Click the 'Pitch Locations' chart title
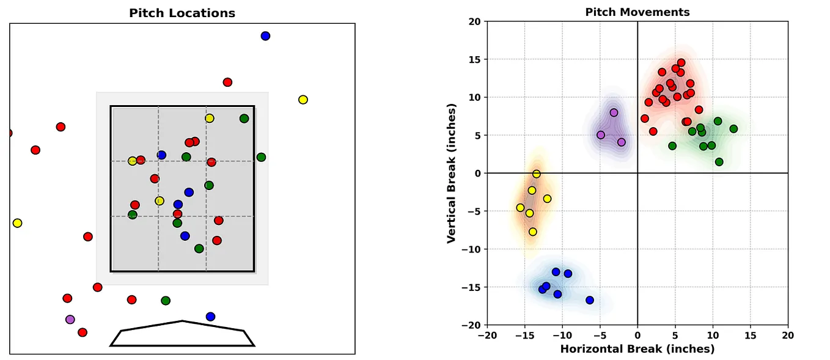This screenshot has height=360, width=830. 182,13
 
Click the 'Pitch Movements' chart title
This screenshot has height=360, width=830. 637,12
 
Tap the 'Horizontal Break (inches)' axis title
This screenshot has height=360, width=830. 637,349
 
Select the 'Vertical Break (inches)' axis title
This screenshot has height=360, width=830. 452,174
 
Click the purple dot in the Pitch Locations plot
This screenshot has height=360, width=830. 70,319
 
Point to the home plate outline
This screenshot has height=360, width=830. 182,334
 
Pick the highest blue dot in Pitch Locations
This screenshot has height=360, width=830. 265,36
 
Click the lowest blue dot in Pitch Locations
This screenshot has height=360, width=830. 210,317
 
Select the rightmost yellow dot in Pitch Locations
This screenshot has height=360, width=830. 303,100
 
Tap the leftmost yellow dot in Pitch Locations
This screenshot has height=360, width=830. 17,223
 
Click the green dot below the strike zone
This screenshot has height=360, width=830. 166,301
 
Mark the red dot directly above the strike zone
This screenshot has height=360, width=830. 227,82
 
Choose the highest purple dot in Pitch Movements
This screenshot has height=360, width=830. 614,112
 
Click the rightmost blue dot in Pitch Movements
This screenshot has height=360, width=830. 590,300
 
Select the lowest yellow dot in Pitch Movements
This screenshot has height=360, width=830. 533,232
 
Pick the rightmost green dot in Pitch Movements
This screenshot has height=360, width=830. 733,129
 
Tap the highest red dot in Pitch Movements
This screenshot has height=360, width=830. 681,63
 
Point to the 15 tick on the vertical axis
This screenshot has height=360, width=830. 475,59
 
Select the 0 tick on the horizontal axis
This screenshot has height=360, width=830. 637,335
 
